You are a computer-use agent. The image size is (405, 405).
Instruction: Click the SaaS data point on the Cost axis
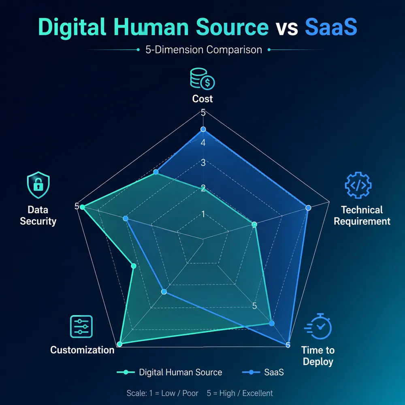coord(203,129)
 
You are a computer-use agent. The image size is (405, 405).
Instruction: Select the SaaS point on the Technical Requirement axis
coord(308,208)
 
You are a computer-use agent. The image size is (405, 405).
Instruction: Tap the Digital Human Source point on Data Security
coord(82,207)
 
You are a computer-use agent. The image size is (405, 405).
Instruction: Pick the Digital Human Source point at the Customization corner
coord(119,344)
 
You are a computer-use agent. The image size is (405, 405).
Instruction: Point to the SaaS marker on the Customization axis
coord(164,292)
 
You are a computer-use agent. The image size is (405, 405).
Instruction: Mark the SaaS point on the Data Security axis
coord(126,219)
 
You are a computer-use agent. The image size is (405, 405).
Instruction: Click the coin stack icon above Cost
coord(202,79)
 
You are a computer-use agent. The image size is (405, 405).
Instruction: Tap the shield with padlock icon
coord(38,185)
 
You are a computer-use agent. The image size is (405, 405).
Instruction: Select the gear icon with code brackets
coord(358,185)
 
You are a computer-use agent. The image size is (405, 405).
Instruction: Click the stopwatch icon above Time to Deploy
coord(318,326)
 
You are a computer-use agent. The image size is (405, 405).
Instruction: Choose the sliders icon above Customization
coord(81,326)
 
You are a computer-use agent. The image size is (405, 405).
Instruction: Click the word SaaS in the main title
coord(331,27)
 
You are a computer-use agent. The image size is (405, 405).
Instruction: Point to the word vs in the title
coord(287,28)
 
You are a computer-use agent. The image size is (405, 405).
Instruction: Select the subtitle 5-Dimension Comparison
coord(204,49)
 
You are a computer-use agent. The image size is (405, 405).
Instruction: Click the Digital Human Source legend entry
coord(169,372)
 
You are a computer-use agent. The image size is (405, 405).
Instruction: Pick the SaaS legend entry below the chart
coord(263,372)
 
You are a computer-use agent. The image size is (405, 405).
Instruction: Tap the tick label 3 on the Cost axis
coord(203,163)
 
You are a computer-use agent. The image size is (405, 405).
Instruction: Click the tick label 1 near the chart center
coord(203,214)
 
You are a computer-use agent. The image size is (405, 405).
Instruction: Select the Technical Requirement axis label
coord(362,215)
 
